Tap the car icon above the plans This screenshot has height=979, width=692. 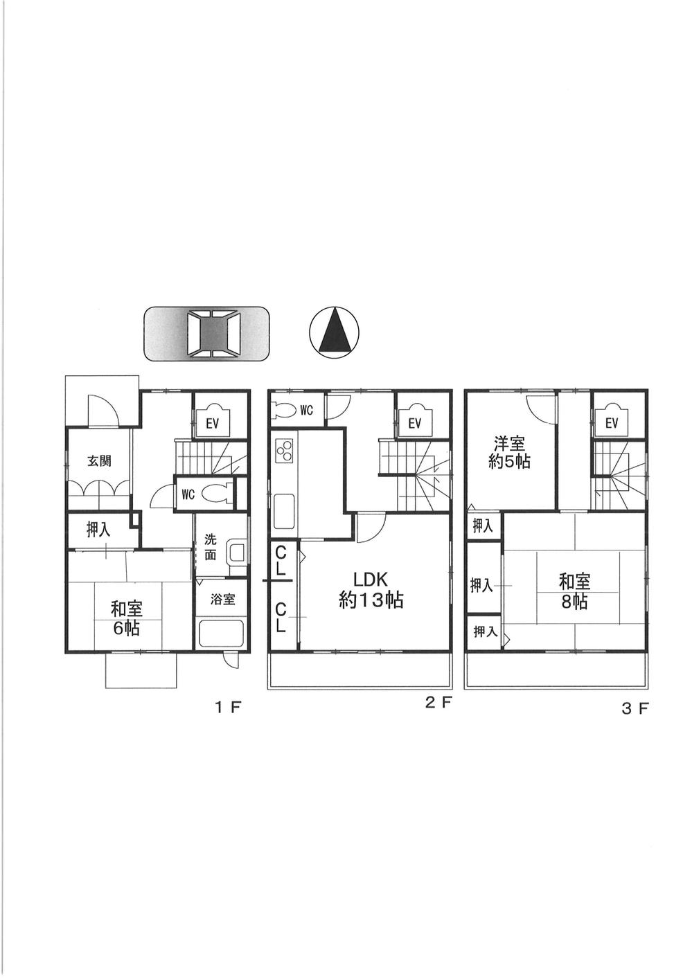[x=206, y=334]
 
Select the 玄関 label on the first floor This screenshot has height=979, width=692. [x=99, y=461]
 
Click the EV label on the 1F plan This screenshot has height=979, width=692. [x=212, y=424]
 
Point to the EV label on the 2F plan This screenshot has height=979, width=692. [x=414, y=424]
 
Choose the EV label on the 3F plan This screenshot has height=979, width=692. [x=611, y=423]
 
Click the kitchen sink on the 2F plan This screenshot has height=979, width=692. [x=285, y=511]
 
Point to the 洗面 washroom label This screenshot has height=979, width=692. [x=211, y=547]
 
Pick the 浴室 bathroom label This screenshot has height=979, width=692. [x=222, y=600]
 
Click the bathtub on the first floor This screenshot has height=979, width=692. [x=221, y=634]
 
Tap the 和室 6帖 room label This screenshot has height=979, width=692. [x=127, y=619]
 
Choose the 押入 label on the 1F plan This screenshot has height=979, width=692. [x=98, y=530]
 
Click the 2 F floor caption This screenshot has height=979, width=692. [x=438, y=703]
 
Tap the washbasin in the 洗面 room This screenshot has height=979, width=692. [x=237, y=553]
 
